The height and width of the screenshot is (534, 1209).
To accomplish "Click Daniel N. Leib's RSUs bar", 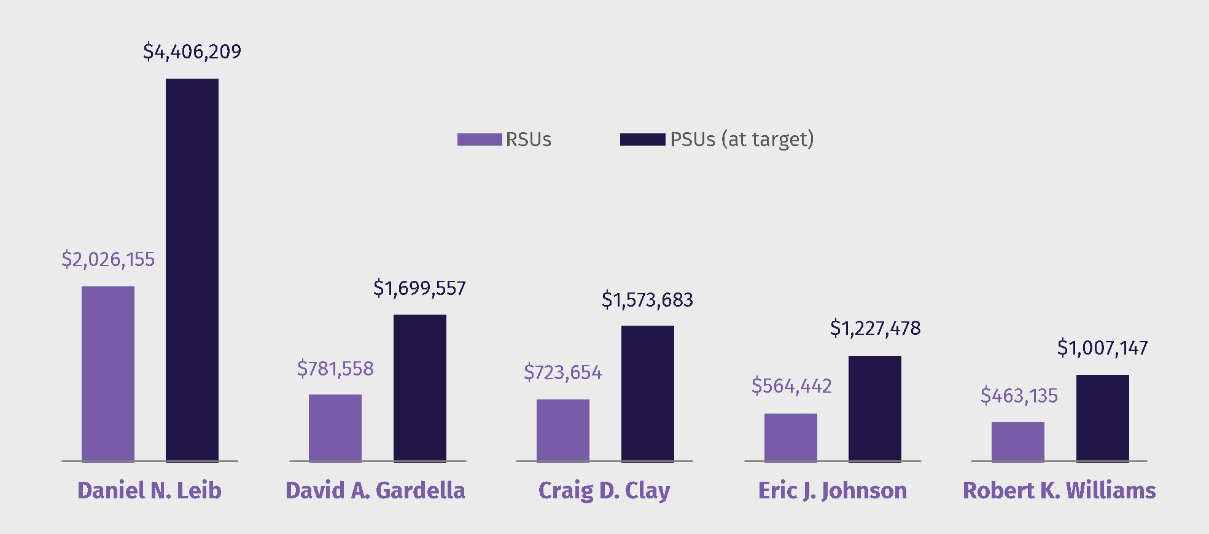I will tap(107, 374).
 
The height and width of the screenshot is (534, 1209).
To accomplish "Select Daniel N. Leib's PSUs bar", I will tap(192, 270).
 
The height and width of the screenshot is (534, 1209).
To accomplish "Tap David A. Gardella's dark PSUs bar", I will tap(419, 388).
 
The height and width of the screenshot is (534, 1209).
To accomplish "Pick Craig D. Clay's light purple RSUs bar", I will tap(562, 430).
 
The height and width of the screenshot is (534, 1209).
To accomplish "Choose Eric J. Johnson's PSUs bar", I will tap(874, 409).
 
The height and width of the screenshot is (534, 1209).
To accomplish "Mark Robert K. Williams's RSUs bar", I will tap(1017, 441).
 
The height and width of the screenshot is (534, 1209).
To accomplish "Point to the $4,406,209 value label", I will tap(192, 52).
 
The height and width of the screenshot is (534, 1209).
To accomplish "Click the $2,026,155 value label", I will tap(108, 259).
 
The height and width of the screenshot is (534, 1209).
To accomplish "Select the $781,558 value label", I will tap(335, 369).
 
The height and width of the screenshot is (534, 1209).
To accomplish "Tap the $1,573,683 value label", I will tap(647, 300).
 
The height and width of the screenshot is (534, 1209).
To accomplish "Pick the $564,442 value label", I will tap(791, 386).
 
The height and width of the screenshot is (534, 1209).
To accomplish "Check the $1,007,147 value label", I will tap(1102, 348).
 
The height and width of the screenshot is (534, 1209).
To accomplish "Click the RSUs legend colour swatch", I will tap(479, 139).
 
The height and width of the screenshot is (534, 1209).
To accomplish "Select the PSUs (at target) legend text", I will tap(742, 139).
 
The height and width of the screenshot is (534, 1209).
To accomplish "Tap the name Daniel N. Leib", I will tap(149, 490).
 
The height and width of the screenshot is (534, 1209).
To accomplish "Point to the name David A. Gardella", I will tap(375, 490).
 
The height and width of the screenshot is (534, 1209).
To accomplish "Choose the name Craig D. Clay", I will tap(604, 490).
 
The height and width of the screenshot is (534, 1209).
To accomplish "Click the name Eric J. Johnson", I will tap(832, 490).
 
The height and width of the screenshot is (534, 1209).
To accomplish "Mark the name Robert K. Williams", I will tap(1059, 490).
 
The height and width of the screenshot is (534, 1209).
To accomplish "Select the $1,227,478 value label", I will tap(875, 328).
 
